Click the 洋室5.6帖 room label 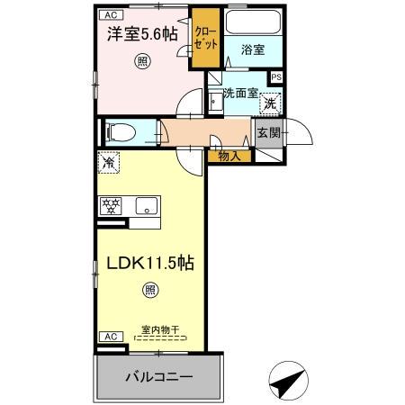pyautogui.click(x=143, y=35)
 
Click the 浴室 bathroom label pyautogui.click(x=253, y=50)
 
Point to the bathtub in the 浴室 pyautogui.click(x=253, y=23)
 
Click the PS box pyautogui.click(x=275, y=77)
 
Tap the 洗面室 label pyautogui.click(x=241, y=92)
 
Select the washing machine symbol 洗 pyautogui.click(x=269, y=104)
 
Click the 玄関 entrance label pyautogui.click(x=269, y=134)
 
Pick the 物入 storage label pyautogui.click(x=229, y=156)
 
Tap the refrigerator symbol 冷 pyautogui.click(x=108, y=165)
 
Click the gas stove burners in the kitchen pyautogui.click(x=111, y=205)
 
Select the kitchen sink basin pyautogui.click(x=145, y=205)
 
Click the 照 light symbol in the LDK pyautogui.click(x=150, y=290)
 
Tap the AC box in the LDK pyautogui.click(x=108, y=336)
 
